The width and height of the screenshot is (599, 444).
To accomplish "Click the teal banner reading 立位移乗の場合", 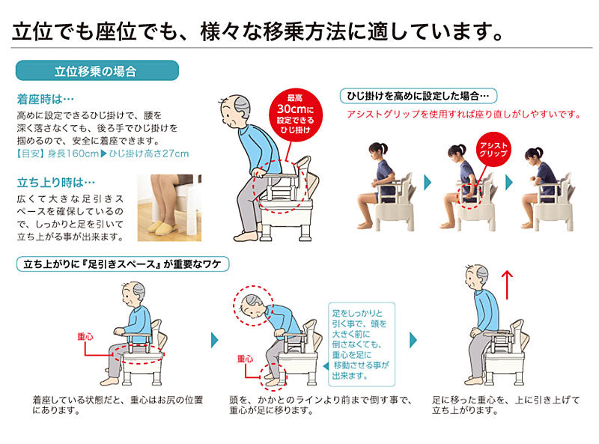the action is pyautogui.click(x=97, y=70).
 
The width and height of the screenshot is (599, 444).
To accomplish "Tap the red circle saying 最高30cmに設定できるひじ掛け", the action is pyautogui.click(x=295, y=114).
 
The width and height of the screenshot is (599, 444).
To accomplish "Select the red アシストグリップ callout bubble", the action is pyautogui.click(x=493, y=150).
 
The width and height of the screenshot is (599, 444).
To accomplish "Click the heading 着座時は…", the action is pyautogui.click(x=45, y=100).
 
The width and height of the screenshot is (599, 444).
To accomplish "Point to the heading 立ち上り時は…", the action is pyautogui.click(x=55, y=182).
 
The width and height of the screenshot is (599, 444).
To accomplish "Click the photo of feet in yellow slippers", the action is pyautogui.click(x=169, y=208).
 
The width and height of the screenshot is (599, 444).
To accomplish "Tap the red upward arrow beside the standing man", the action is pyautogui.click(x=507, y=285).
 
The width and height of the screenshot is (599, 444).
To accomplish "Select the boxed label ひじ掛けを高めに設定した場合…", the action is pyautogui.click(x=419, y=96).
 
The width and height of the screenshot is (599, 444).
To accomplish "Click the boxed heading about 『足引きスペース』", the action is pyautogui.click(x=123, y=264).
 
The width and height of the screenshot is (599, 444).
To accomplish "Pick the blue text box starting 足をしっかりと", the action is pyautogui.click(x=362, y=344).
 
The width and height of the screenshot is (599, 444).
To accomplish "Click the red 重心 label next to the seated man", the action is pyautogui.click(x=85, y=337).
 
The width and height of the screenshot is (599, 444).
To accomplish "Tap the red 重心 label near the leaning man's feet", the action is pyautogui.click(x=245, y=359).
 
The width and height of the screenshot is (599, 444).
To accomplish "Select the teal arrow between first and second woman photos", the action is pyautogui.click(x=428, y=182).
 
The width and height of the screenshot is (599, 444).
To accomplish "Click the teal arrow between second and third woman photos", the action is pyautogui.click(x=508, y=182).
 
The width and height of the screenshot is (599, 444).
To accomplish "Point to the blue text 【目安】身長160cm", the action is pyautogui.click(x=58, y=153).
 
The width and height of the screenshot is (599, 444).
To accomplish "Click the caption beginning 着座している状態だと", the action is pyautogui.click(x=118, y=405).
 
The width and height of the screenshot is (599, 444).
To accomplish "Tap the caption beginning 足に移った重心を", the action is pyautogui.click(x=506, y=405).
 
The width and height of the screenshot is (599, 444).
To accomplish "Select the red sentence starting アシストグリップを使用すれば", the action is pyautogui.click(x=463, y=115).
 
